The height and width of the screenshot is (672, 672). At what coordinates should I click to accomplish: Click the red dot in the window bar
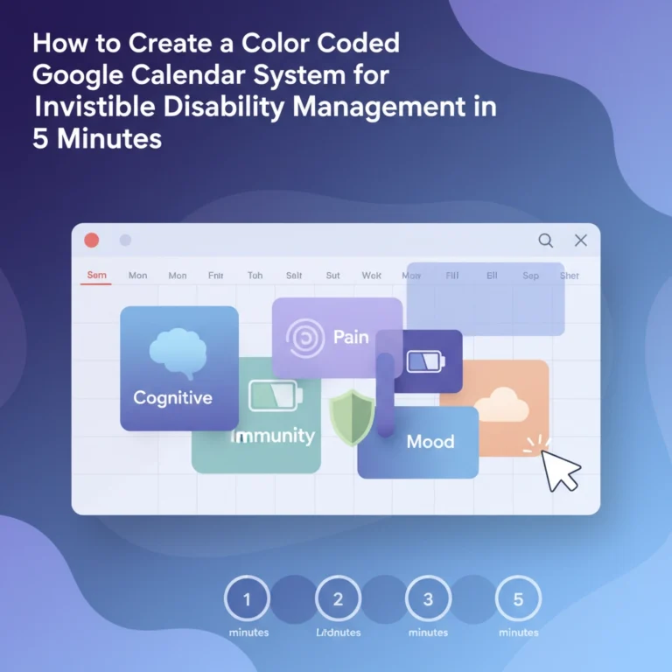click(91, 241)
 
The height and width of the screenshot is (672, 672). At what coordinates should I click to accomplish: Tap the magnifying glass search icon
click(545, 241)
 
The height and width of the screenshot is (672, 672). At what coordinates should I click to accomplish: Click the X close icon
click(580, 241)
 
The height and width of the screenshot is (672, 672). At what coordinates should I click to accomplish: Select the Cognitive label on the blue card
click(172, 398)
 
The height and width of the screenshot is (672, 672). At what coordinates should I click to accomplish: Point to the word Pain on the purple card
click(351, 336)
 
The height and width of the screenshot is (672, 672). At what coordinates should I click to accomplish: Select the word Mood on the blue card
click(430, 442)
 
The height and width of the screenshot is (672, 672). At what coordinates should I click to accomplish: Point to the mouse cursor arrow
click(559, 471)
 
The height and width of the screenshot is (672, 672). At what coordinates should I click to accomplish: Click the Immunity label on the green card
click(271, 436)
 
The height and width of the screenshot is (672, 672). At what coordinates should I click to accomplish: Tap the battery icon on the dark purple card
click(426, 360)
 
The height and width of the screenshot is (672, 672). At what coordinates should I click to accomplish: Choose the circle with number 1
click(247, 599)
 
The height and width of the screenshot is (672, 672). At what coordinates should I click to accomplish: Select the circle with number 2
click(338, 599)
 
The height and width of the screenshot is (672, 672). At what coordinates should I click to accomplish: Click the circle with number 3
click(428, 599)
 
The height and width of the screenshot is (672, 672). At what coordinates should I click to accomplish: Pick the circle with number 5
click(518, 599)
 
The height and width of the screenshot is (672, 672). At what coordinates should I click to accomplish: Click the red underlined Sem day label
click(96, 276)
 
